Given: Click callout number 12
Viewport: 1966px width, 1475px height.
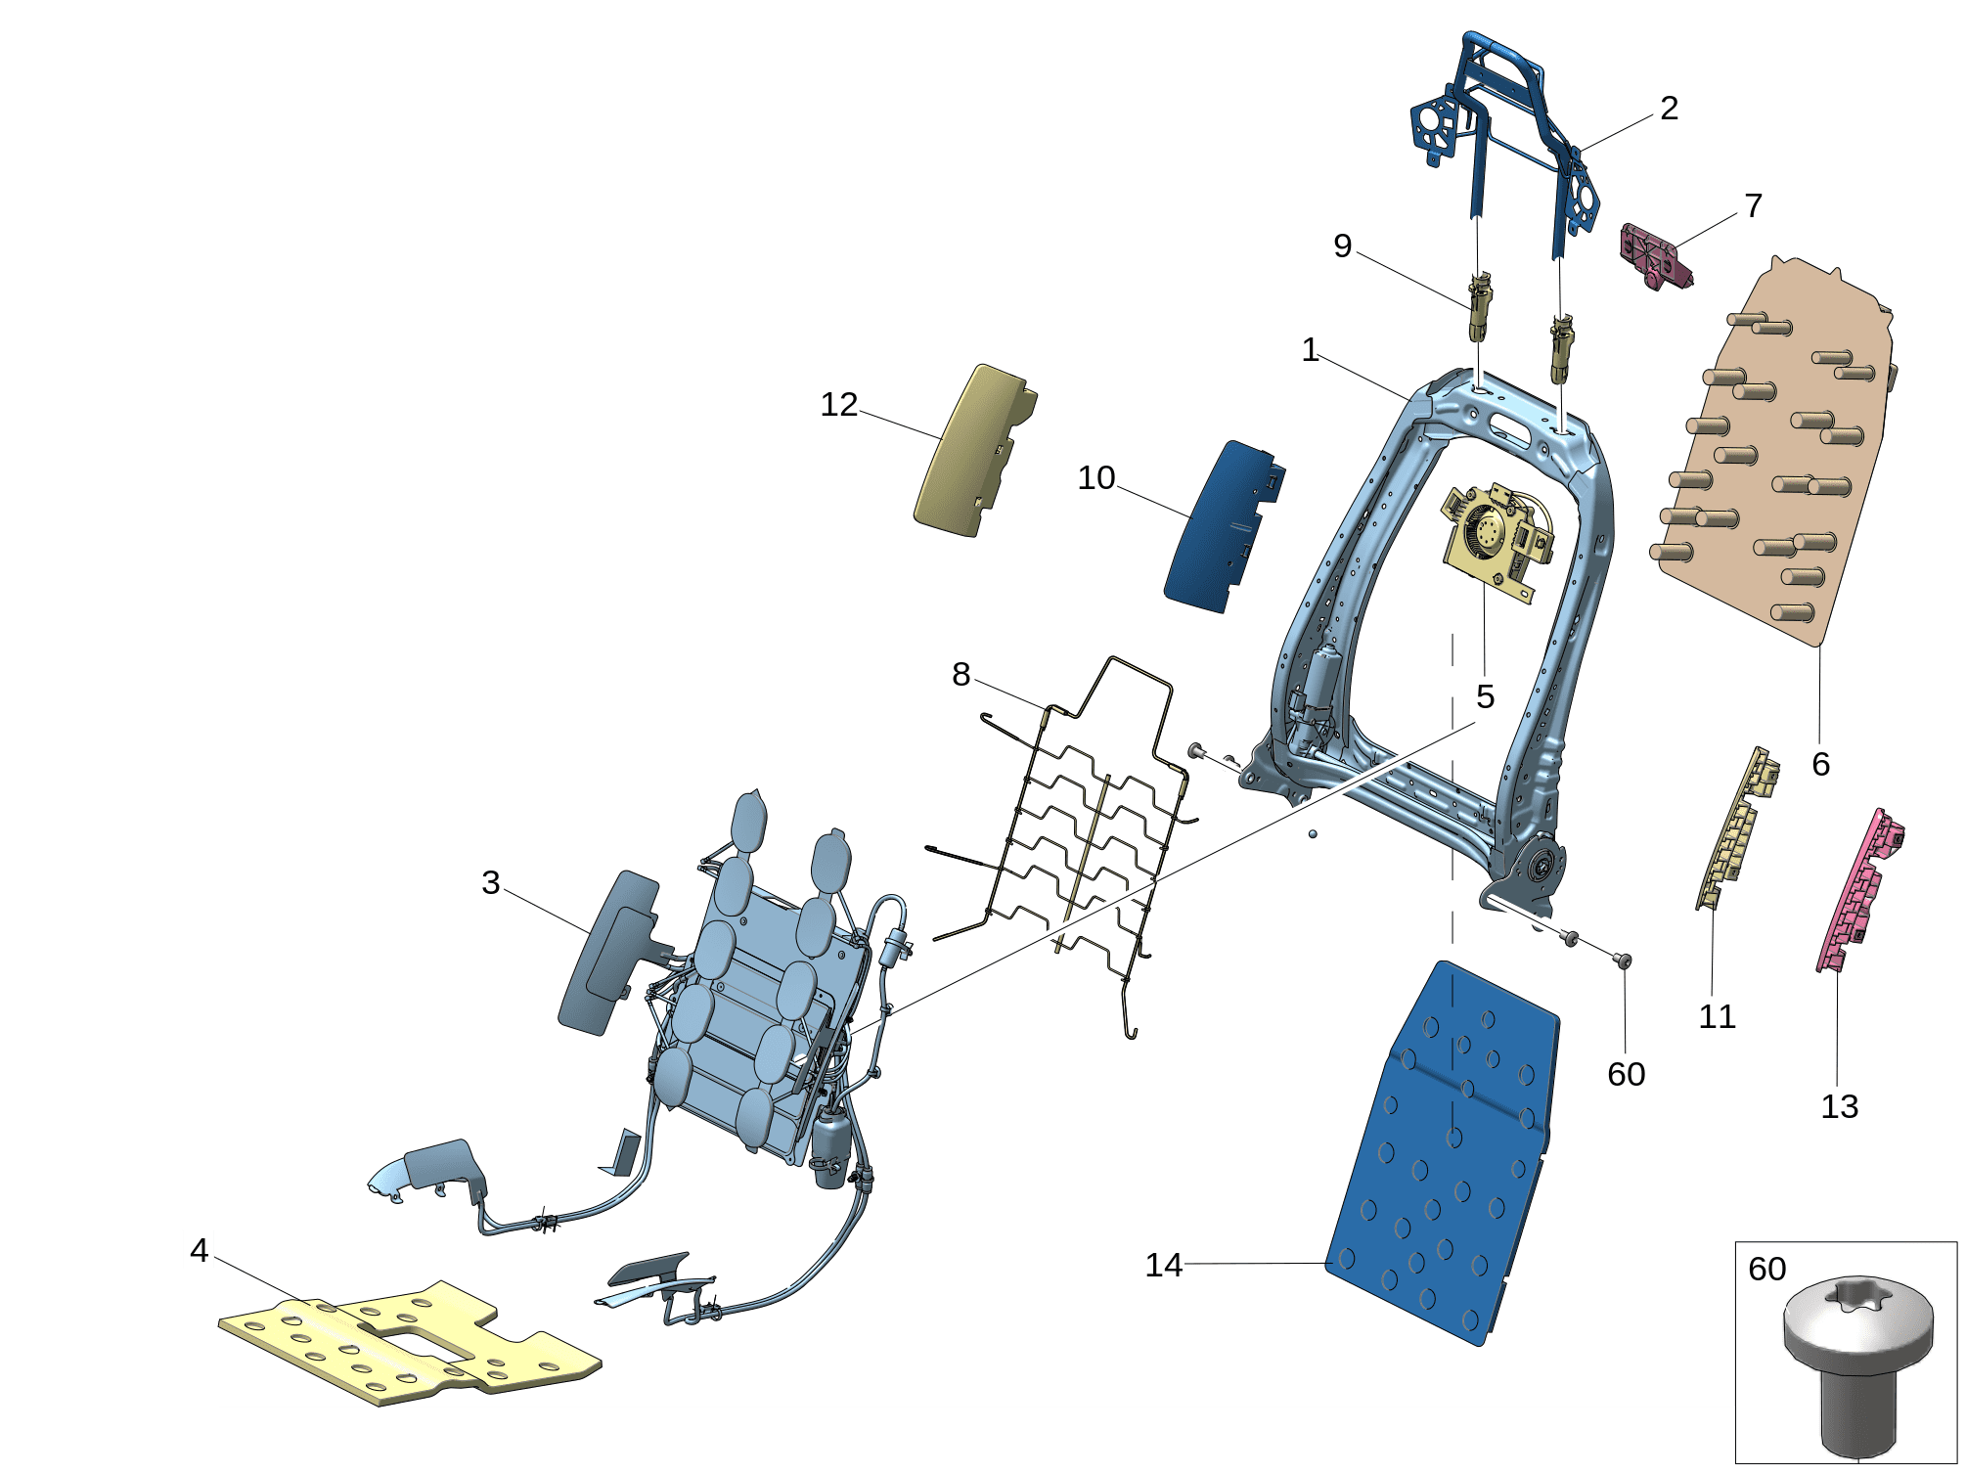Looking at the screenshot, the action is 838,405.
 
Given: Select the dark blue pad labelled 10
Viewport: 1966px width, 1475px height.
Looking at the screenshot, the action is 1223,528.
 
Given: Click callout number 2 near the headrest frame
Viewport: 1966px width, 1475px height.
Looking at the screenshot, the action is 1669,108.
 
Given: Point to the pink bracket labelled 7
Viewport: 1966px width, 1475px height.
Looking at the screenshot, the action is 1656,256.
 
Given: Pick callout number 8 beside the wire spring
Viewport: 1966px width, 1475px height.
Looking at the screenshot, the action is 961,674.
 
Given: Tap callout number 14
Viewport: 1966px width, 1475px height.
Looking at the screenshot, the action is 1163,1266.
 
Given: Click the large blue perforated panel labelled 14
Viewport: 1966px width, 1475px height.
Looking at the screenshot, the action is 1443,1154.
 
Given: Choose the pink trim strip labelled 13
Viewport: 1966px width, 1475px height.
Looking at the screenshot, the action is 1859,890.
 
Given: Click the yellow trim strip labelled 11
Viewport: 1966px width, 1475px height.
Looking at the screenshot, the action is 1737,828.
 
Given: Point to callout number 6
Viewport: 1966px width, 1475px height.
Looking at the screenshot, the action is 1820,764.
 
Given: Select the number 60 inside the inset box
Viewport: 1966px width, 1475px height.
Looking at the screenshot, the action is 1766,1270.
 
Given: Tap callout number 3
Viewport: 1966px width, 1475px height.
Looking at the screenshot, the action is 490,883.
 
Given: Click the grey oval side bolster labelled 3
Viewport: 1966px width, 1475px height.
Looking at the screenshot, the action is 609,953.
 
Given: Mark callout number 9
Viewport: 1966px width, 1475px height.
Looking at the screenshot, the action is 1342,246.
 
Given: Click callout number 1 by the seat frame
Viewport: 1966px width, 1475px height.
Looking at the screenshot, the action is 1310,350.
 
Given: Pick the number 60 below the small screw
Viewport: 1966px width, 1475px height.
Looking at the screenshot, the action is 1626,1075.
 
